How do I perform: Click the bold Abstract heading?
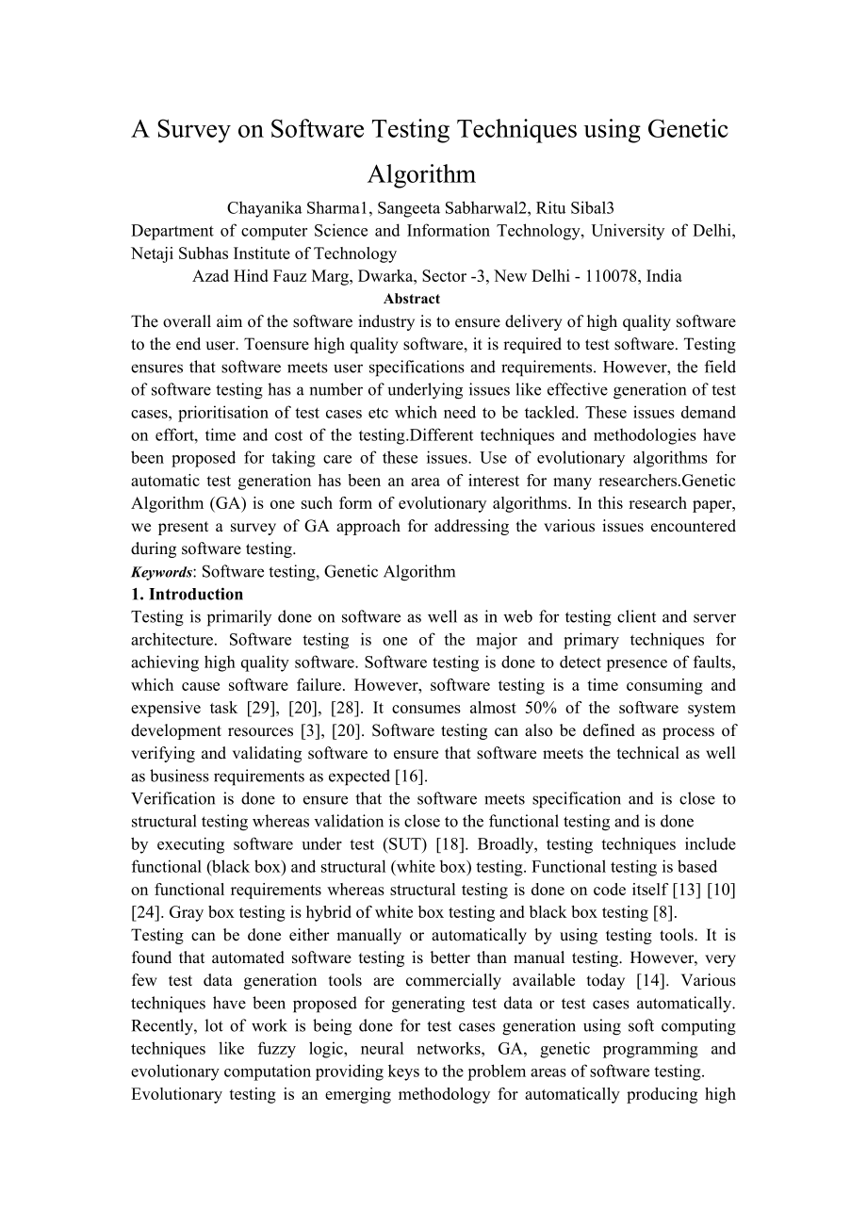412,299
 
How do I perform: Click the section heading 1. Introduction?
187,595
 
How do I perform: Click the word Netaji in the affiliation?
153,254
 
